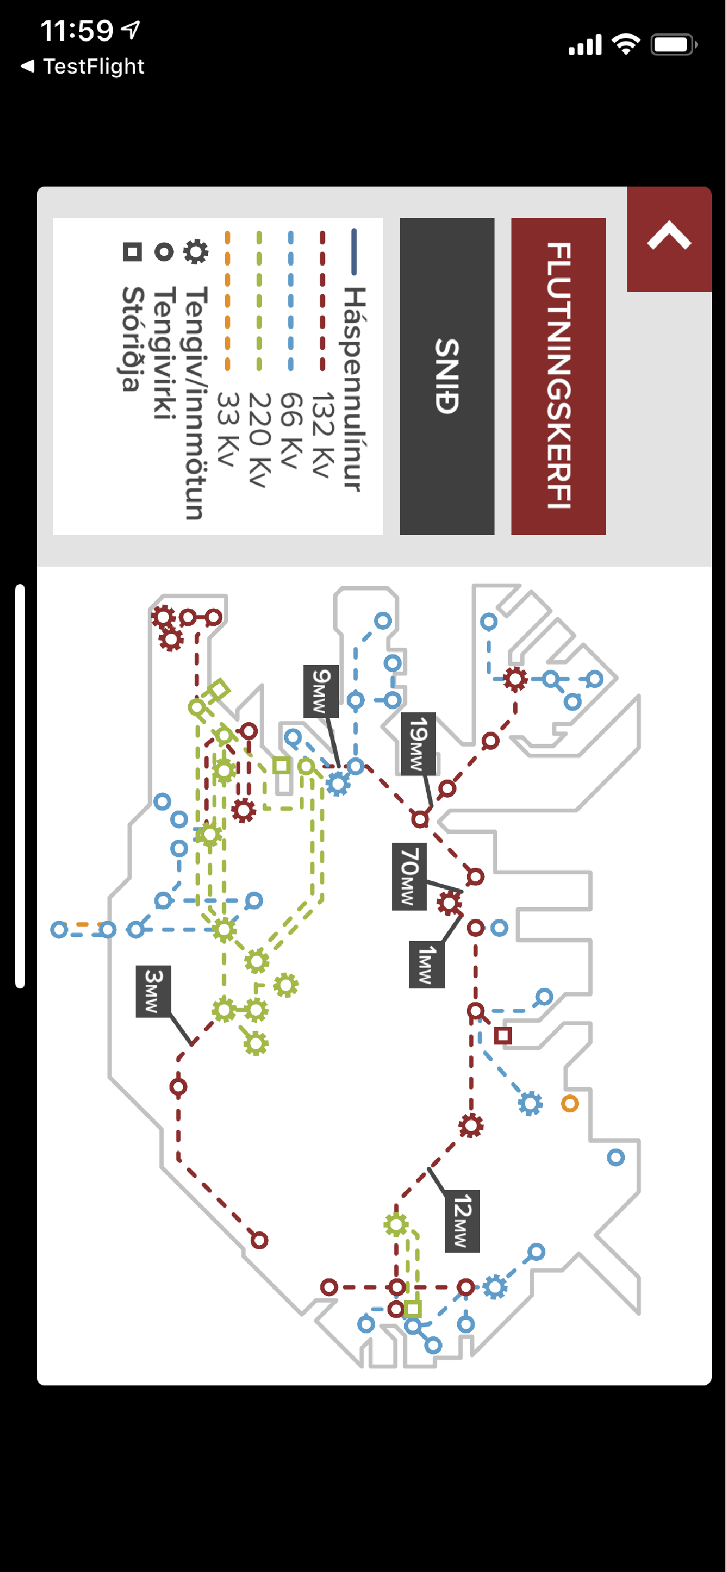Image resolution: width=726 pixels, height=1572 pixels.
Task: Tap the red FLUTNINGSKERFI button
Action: [x=558, y=376]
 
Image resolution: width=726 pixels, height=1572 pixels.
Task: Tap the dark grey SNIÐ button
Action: [x=447, y=376]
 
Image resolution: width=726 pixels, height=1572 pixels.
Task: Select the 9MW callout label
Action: [x=321, y=691]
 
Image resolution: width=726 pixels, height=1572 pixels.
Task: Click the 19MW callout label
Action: [x=418, y=743]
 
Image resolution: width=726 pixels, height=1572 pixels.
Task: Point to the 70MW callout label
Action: [x=409, y=875]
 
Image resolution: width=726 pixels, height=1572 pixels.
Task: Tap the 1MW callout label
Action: [x=427, y=964]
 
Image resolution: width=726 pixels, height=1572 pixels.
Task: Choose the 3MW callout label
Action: [x=153, y=991]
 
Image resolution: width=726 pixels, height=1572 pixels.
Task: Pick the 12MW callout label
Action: [x=462, y=1221]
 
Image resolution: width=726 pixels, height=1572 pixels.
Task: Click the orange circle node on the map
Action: [x=570, y=1104]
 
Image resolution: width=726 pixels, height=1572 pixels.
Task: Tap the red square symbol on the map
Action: [x=503, y=1036]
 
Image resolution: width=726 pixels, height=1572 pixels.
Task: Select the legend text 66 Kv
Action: [x=291, y=430]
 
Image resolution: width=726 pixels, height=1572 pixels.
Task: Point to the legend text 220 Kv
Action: [x=260, y=439]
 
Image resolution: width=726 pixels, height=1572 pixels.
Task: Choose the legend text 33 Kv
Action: [x=227, y=430]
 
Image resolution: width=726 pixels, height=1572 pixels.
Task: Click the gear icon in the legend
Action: [x=196, y=251]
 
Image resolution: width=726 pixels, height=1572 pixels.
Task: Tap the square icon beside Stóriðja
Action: [x=132, y=251]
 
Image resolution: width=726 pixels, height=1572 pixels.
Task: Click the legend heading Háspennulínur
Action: [x=354, y=388]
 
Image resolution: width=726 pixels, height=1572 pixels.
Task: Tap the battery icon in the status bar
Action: [x=673, y=44]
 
